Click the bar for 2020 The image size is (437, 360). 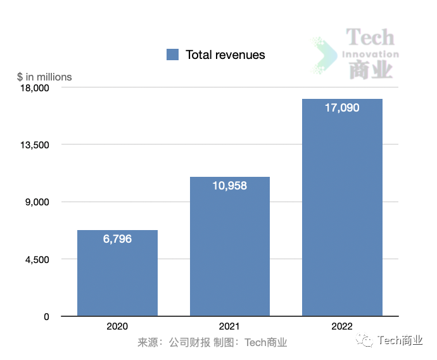coord(117,273)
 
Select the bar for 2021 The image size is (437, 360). coord(230,247)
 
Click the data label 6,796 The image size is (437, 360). coord(117,239)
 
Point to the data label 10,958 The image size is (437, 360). coord(230,186)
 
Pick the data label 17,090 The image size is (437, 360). coord(342,108)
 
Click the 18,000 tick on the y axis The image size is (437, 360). coord(35,87)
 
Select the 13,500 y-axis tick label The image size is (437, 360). coord(35,145)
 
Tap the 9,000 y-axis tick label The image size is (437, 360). coord(38,202)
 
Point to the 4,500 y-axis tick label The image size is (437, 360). coord(38,259)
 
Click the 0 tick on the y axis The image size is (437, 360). coord(46,316)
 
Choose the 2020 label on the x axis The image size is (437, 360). coord(117,326)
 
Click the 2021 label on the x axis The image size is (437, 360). coord(230,326)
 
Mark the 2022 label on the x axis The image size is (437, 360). coord(342,326)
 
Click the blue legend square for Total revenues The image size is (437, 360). coord(172,55)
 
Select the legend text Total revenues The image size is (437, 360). coord(225,55)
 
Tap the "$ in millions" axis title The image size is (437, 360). coord(44,77)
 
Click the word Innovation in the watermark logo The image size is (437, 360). coord(370,54)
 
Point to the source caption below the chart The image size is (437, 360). coord(212,343)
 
